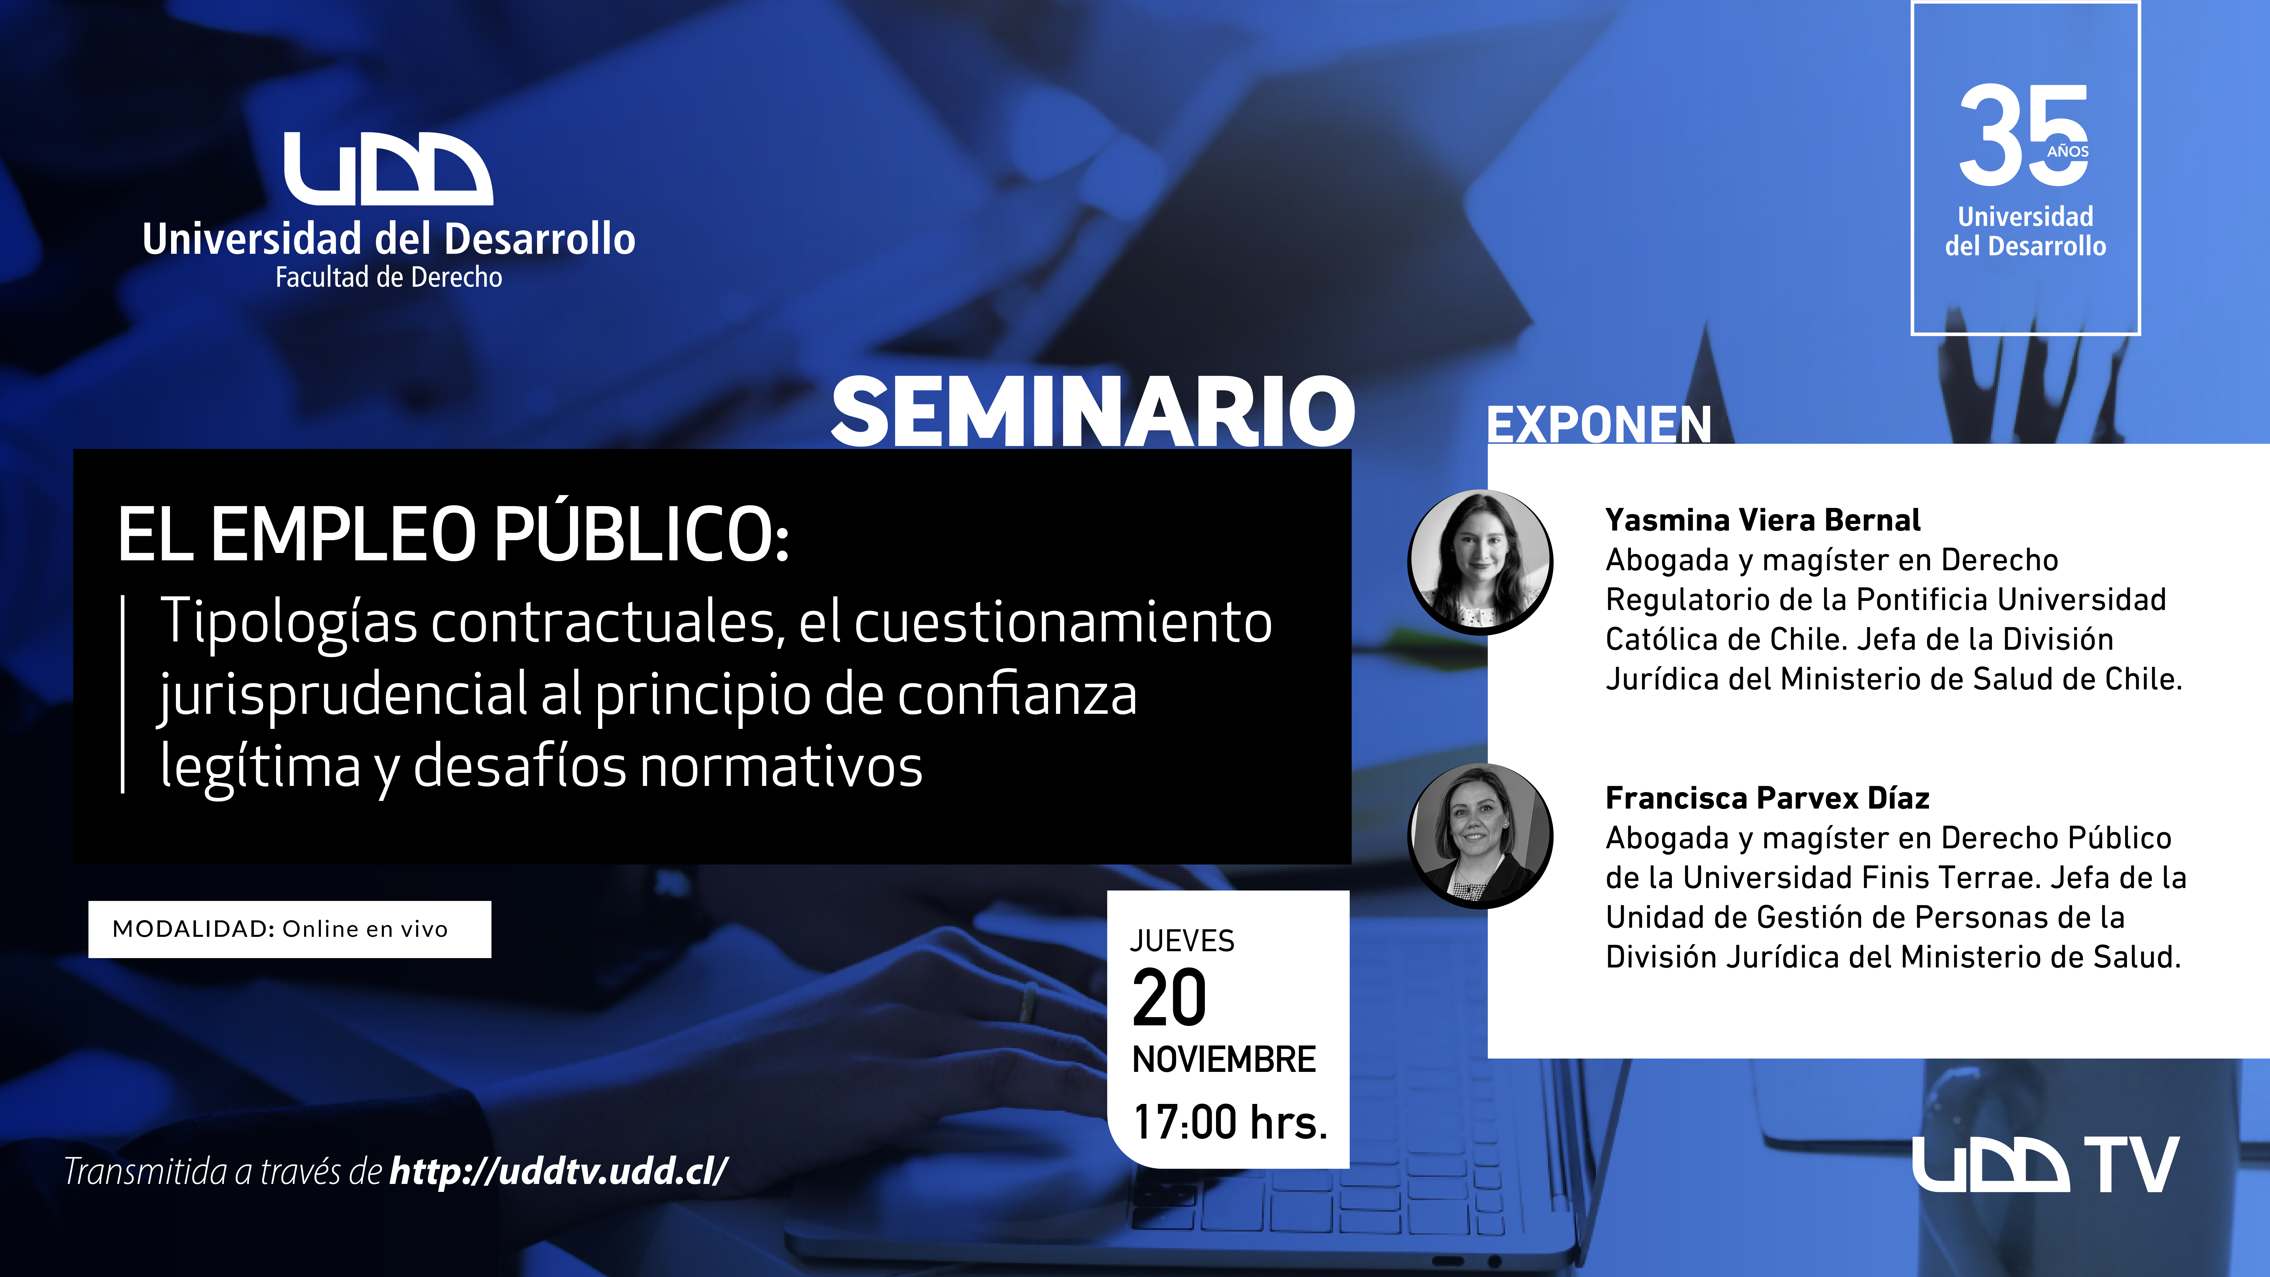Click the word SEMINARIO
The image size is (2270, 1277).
(x=1093, y=412)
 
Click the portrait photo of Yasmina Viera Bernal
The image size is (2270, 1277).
(x=1480, y=561)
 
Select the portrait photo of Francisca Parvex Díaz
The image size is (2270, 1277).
(x=1480, y=836)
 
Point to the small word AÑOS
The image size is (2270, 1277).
(x=2067, y=152)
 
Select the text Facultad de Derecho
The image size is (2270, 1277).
(x=389, y=277)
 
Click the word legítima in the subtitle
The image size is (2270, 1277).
(x=261, y=767)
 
